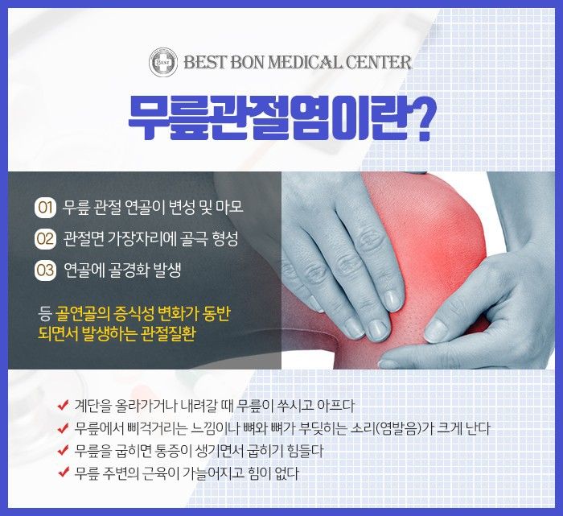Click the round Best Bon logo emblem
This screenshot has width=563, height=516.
point(163,63)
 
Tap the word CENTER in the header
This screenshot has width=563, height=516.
point(379,63)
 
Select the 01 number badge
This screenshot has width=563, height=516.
point(45,208)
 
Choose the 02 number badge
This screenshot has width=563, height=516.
point(45,239)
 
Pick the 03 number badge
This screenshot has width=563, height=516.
point(45,270)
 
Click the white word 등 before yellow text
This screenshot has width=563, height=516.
point(45,314)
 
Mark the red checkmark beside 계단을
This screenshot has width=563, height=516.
point(64,405)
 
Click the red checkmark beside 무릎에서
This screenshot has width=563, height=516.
point(64,427)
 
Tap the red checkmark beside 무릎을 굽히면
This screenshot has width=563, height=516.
point(64,450)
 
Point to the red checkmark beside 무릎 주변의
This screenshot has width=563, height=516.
point(64,473)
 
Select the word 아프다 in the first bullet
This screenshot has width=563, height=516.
point(335,406)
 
